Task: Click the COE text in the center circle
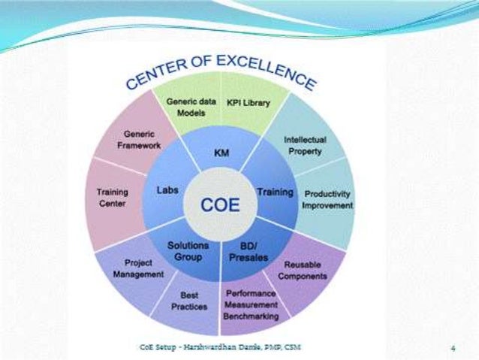pyautogui.click(x=220, y=204)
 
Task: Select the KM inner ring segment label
pyautogui.click(x=221, y=153)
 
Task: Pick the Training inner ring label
pyautogui.click(x=275, y=192)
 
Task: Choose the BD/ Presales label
pyautogui.click(x=254, y=251)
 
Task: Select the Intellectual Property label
pyautogui.click(x=303, y=146)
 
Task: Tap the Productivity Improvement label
pyautogui.click(x=327, y=199)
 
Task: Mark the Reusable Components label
pyautogui.click(x=305, y=271)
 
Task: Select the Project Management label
pyautogui.click(x=139, y=269)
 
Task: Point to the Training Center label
pyautogui.click(x=112, y=198)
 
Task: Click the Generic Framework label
pyautogui.click(x=134, y=139)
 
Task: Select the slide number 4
pyautogui.click(x=453, y=348)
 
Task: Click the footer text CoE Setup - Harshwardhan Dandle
pyautogui.click(x=221, y=347)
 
